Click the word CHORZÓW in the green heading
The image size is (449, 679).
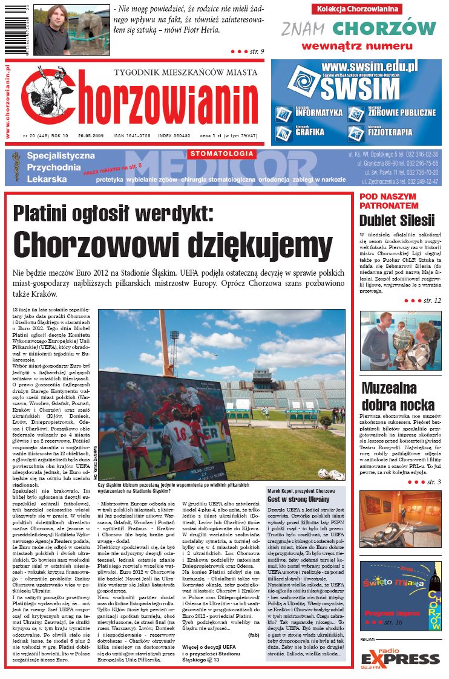pyautogui.click(x=384, y=28)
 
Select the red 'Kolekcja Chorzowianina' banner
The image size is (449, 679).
pyautogui.click(x=358, y=8)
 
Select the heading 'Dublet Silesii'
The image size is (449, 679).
pyautogui.click(x=397, y=220)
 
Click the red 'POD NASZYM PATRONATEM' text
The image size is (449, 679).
pyautogui.click(x=387, y=201)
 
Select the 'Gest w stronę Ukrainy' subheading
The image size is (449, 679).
pyautogui.click(x=291, y=499)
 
